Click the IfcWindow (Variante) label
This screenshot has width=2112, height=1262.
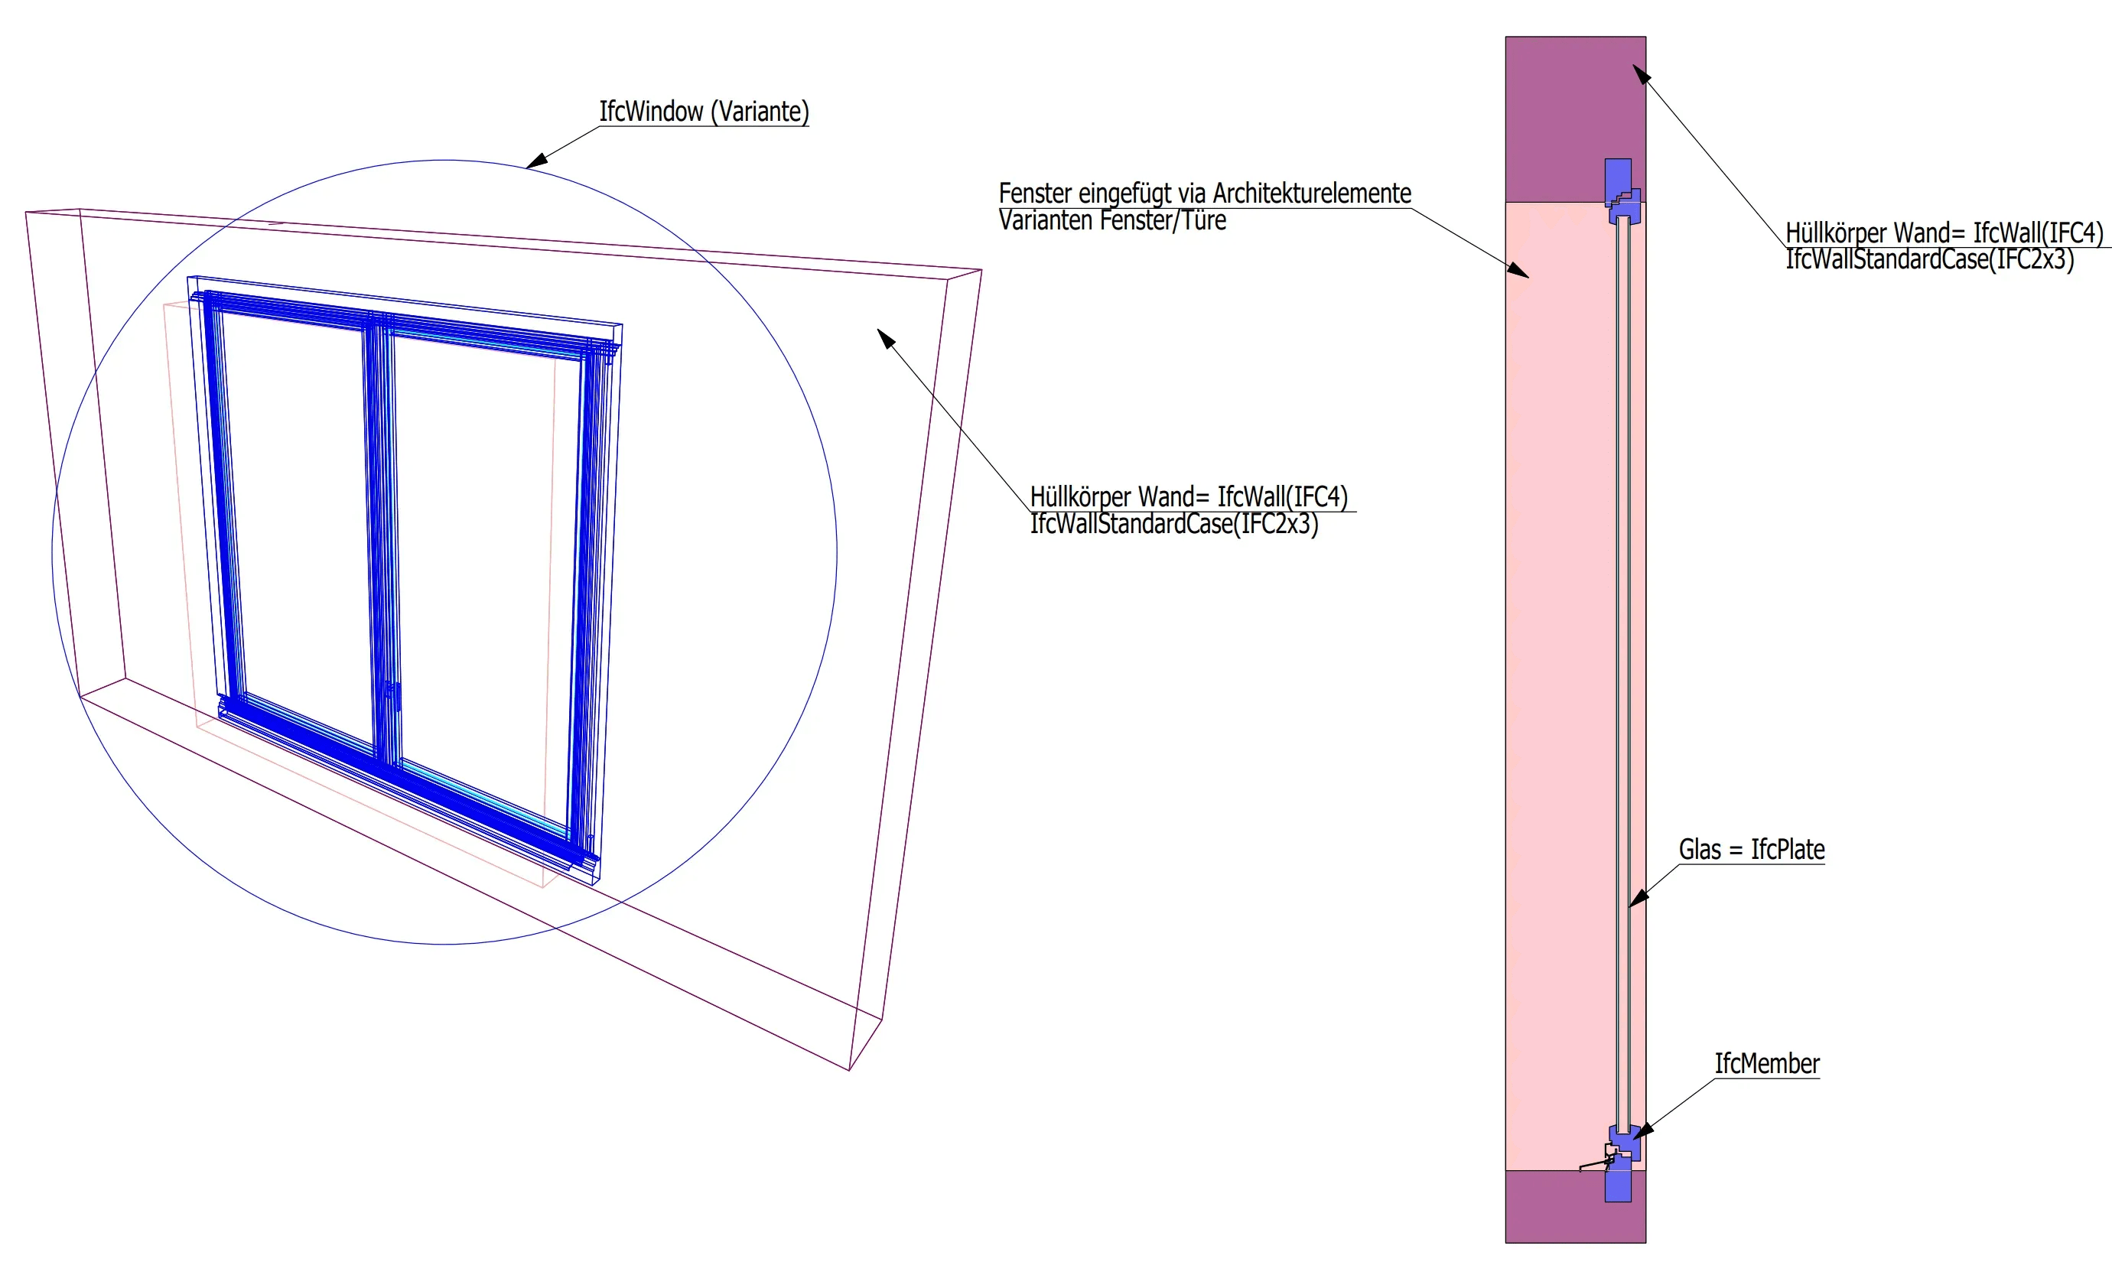pyautogui.click(x=704, y=112)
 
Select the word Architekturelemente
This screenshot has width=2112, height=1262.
pyautogui.click(x=1311, y=194)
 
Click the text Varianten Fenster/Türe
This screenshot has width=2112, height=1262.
pyautogui.click(x=1112, y=221)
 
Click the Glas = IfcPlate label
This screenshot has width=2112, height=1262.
pyautogui.click(x=1752, y=850)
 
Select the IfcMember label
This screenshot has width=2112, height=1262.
pyautogui.click(x=1767, y=1064)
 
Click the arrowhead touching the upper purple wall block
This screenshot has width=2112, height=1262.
pyautogui.click(x=1640, y=73)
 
